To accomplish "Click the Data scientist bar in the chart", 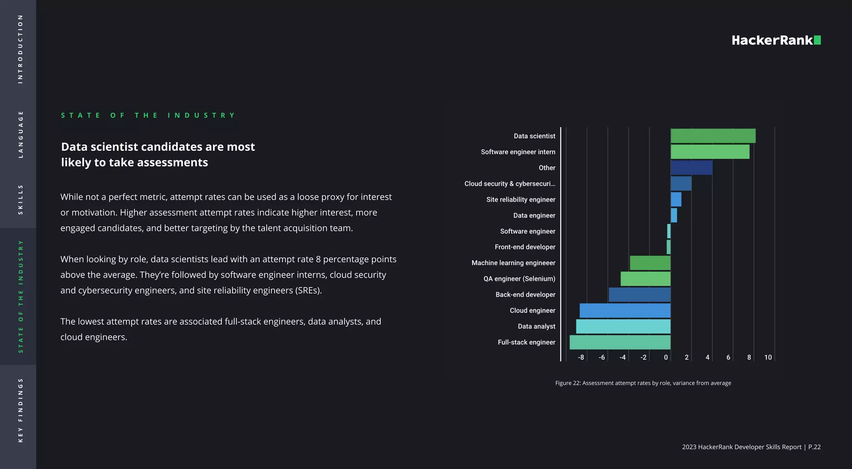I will coord(713,136).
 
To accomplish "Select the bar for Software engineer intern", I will coord(710,152).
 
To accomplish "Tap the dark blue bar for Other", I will coord(691,168).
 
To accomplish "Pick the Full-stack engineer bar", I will coord(620,342).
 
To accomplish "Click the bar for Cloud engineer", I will coord(625,310).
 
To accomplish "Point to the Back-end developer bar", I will coord(639,295).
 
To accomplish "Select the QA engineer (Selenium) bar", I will coord(645,279).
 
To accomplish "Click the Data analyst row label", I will coord(536,326).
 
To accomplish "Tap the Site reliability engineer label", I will coord(520,200).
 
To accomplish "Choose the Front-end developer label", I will coord(525,247).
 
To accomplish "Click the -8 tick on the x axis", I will coord(581,357).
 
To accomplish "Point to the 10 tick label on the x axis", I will coord(768,357).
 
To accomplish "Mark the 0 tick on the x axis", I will coord(666,357).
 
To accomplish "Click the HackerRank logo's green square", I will coord(817,40).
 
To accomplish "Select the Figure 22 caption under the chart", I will coord(643,383).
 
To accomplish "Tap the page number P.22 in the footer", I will coord(814,447).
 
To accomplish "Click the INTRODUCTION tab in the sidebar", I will coord(20,49).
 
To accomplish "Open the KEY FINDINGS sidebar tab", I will coord(20,410).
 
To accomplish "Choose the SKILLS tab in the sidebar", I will coord(20,200).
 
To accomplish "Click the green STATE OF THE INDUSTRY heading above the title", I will coord(148,115).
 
